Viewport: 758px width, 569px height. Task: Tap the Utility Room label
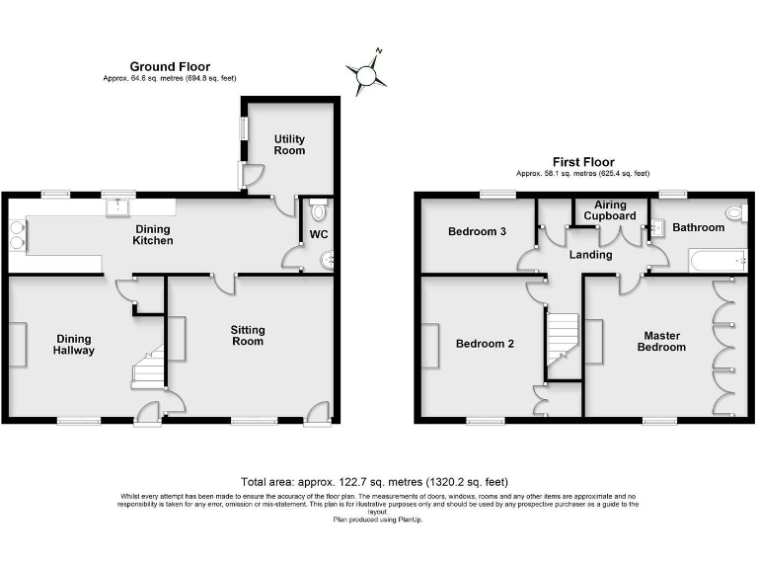click(x=289, y=144)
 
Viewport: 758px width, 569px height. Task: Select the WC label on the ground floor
click(x=318, y=234)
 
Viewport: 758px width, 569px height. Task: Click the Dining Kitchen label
click(x=153, y=234)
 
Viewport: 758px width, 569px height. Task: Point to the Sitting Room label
click(x=248, y=335)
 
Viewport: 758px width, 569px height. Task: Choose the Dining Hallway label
click(x=74, y=343)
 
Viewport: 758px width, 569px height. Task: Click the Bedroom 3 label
click(x=477, y=232)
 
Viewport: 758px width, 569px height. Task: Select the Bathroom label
click(x=698, y=227)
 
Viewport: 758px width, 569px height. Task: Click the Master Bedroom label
click(x=660, y=341)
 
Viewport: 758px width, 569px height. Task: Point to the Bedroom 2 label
click(x=485, y=344)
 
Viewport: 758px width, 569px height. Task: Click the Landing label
click(x=590, y=255)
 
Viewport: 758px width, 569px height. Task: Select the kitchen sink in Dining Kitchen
click(x=118, y=205)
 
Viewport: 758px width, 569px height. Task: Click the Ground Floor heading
click(x=169, y=67)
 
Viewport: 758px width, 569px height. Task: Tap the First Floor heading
click(x=582, y=162)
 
